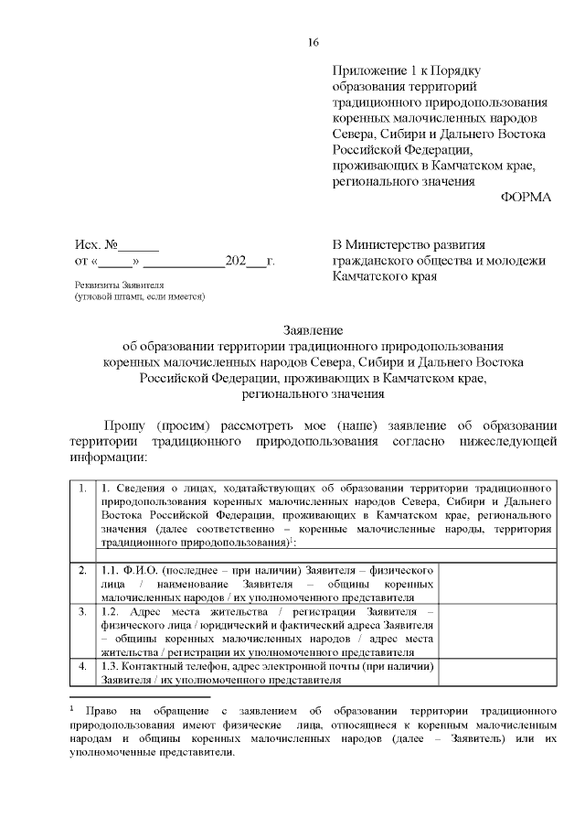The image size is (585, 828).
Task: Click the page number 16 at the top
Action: (314, 42)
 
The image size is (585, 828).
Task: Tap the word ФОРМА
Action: (526, 198)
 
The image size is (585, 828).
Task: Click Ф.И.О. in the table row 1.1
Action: (136, 570)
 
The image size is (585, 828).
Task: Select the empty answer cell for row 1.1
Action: (499, 583)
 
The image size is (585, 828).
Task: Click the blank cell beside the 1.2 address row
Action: (499, 631)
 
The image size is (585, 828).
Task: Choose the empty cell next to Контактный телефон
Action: (499, 672)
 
